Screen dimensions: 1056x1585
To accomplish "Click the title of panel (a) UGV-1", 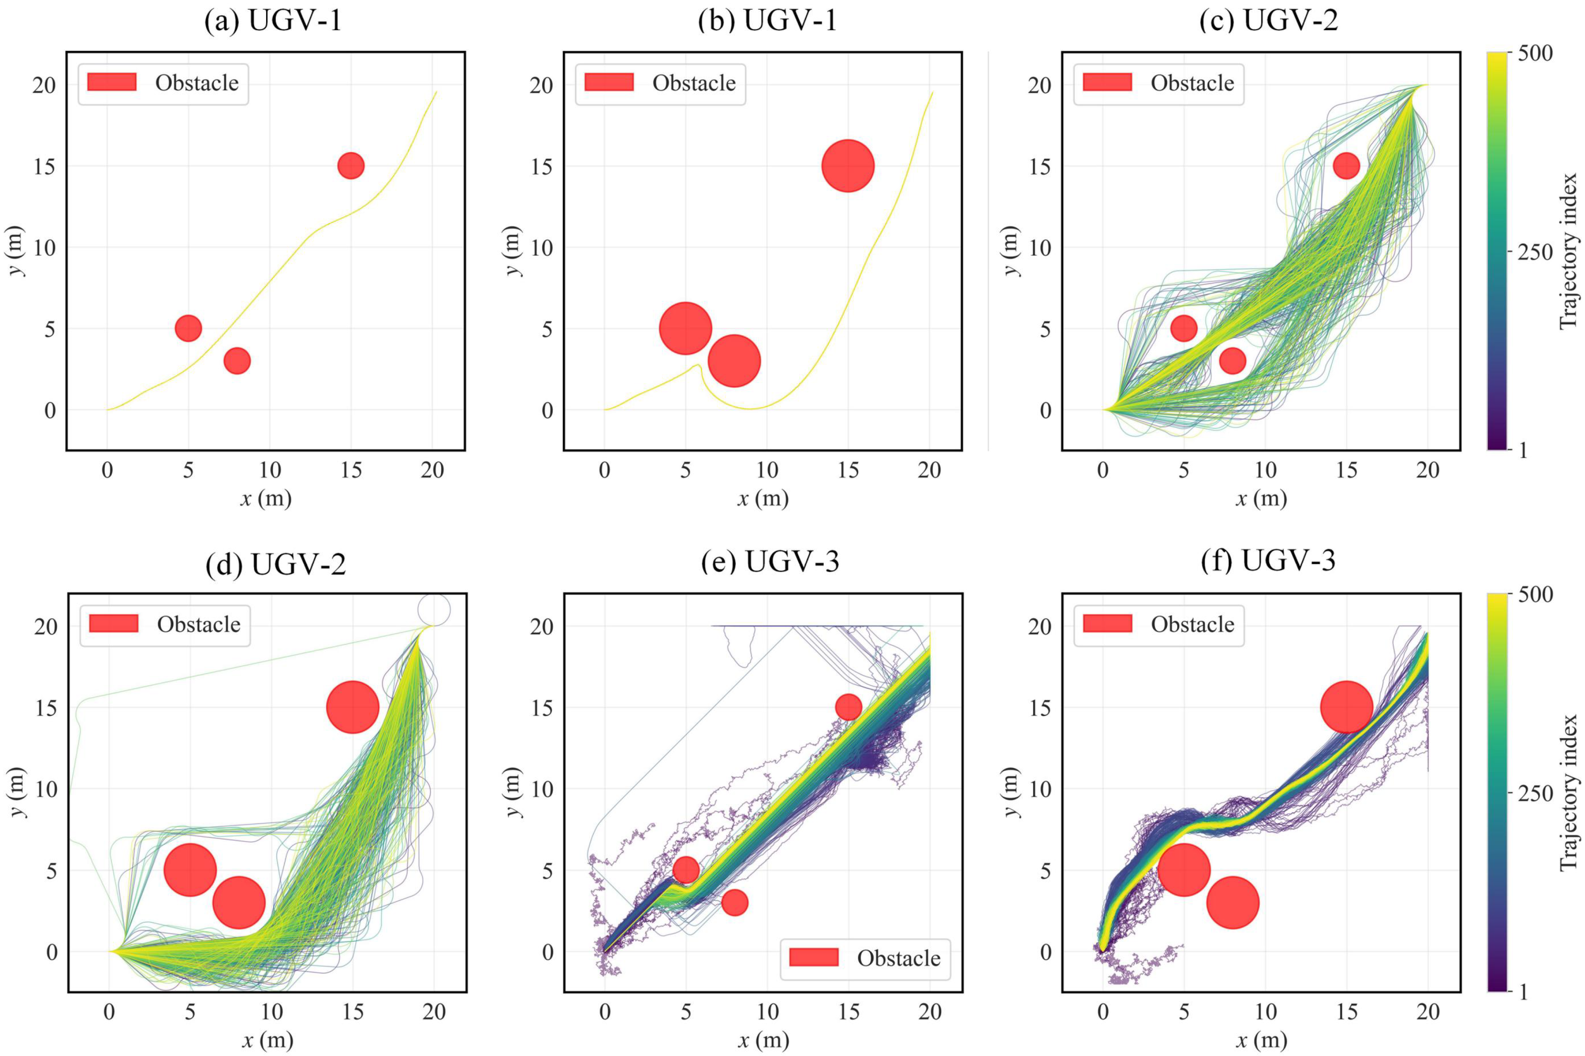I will click(x=273, y=21).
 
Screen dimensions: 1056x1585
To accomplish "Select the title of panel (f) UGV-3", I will click(x=1268, y=561).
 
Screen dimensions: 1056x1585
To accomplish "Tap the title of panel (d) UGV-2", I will click(x=275, y=564).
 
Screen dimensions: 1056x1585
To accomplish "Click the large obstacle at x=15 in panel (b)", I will click(x=848, y=166).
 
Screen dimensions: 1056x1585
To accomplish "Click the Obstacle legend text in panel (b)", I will click(x=694, y=83).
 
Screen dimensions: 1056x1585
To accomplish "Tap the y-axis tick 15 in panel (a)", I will click(x=44, y=167).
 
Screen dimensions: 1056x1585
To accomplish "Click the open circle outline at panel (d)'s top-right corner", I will click(x=433, y=610).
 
